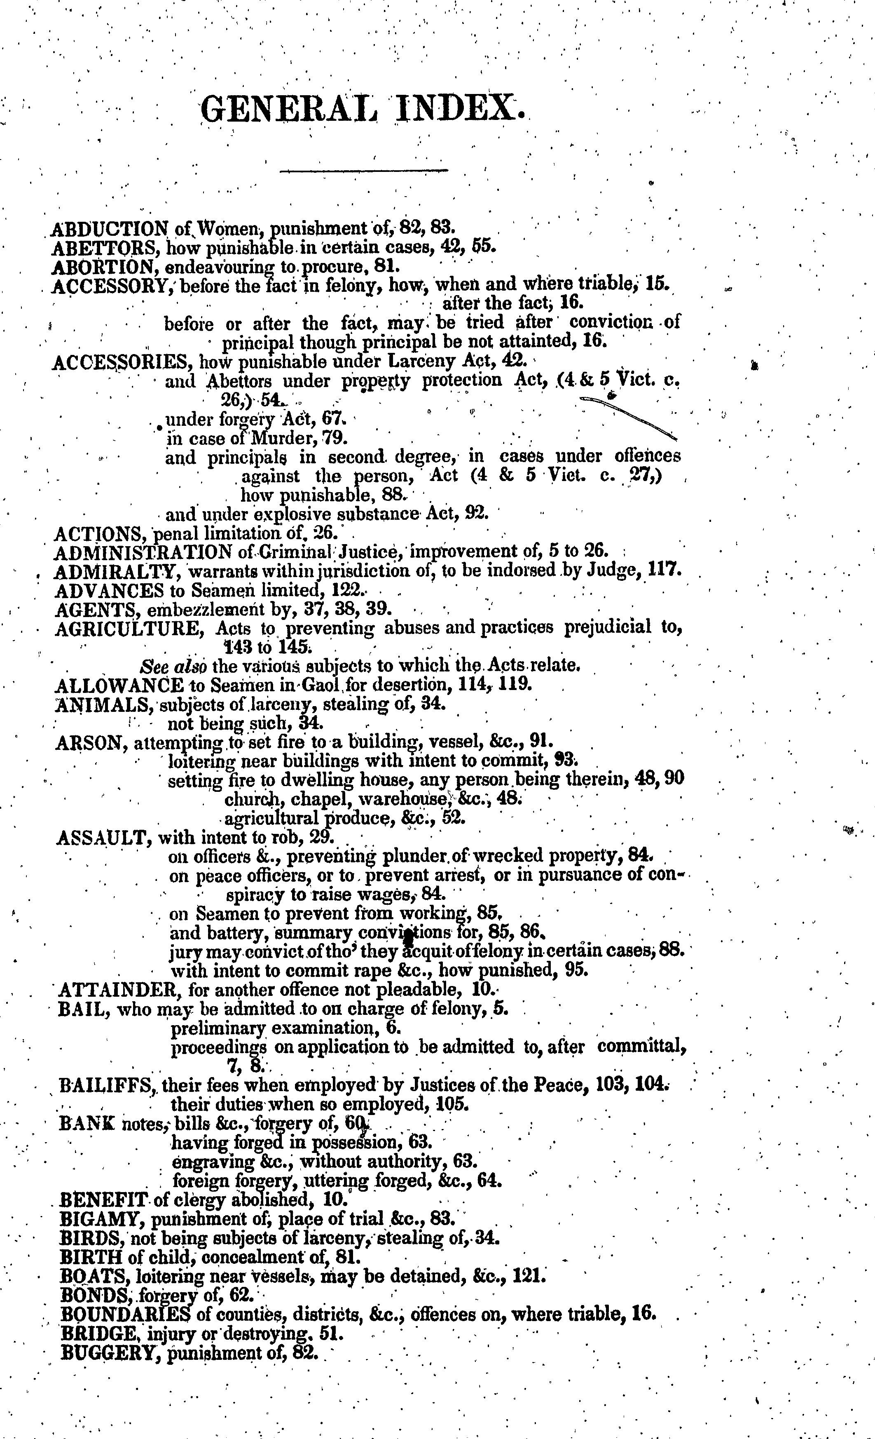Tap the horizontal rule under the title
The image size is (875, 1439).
(364, 171)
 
